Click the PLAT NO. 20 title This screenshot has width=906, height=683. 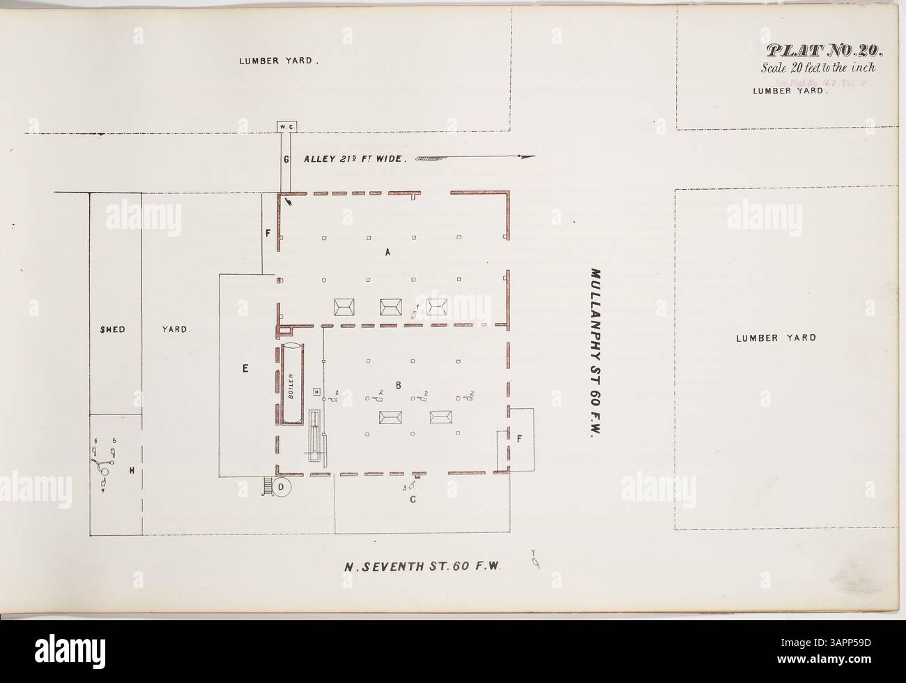[x=825, y=51]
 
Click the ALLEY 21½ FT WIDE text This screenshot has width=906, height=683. [x=354, y=159]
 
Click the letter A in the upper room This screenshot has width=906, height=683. [x=388, y=254]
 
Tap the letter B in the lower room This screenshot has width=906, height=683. [x=399, y=384]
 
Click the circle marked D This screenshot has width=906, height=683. [x=281, y=486]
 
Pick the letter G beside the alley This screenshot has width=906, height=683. [x=286, y=159]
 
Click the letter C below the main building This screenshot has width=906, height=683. [x=413, y=500]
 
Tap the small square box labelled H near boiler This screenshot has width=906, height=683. [x=316, y=392]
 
